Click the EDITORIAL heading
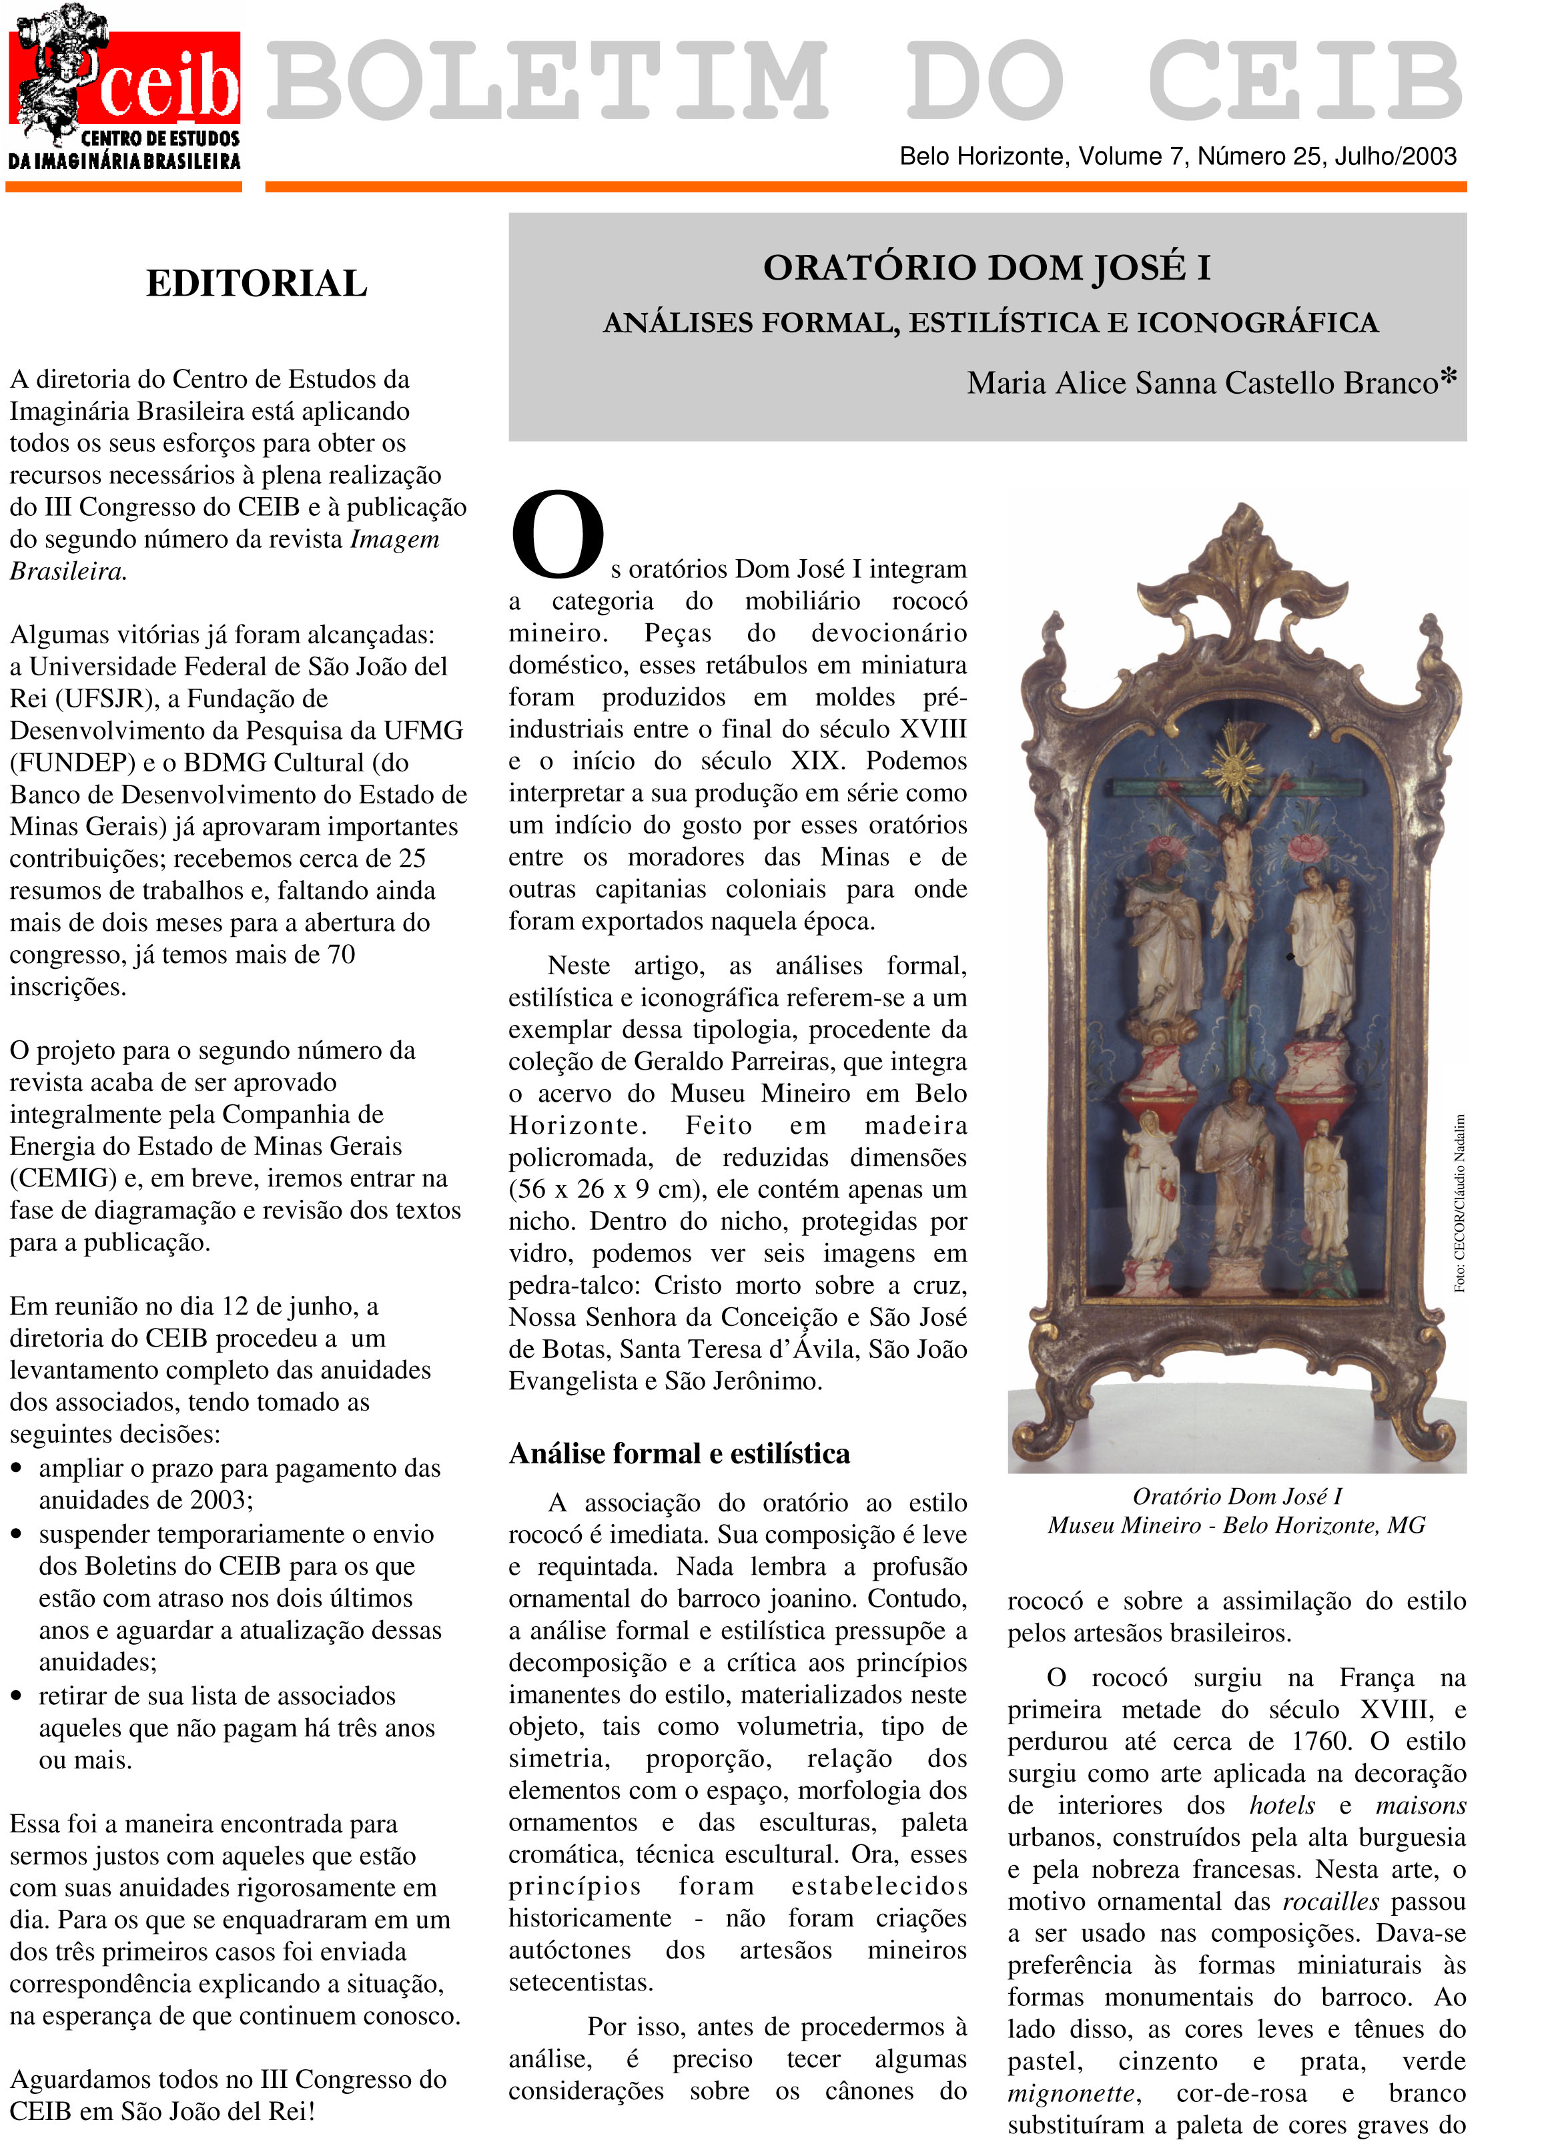256,284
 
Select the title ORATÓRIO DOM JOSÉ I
986,268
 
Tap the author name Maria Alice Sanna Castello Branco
1202,383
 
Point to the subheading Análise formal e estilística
679,1453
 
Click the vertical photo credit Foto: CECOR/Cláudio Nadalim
1459,1202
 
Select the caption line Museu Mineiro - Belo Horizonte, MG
1236,1525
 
